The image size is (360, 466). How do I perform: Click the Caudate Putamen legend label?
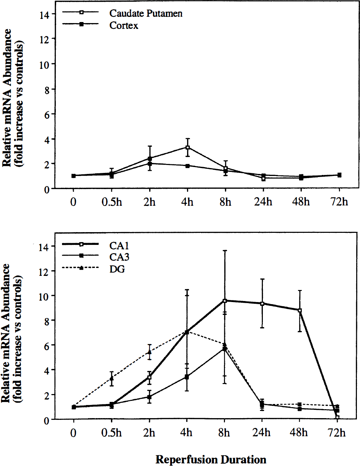146,13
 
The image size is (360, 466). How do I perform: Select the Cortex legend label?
124,25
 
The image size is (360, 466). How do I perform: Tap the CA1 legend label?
119,246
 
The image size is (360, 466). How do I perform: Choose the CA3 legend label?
119,257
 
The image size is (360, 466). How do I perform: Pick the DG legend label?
117,269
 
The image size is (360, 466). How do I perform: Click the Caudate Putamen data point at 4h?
188,147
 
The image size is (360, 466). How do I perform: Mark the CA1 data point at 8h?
225,301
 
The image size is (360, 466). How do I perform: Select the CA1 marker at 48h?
300,310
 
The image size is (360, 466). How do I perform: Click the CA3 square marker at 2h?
150,397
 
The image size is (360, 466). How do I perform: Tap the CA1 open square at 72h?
338,417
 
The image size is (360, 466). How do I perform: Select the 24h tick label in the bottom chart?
261,433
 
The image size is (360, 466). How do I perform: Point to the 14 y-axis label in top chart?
44,15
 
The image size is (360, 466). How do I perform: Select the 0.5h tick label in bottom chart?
112,433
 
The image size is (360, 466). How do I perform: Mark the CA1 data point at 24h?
262,304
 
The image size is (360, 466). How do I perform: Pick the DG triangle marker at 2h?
150,352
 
